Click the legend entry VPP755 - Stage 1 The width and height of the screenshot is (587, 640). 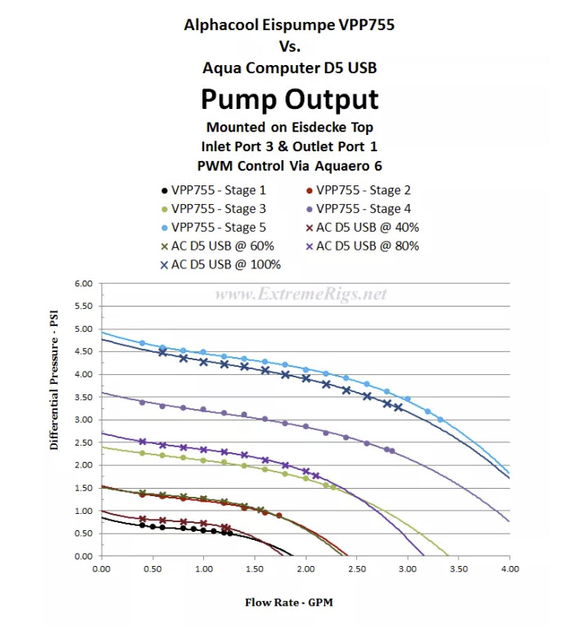214,190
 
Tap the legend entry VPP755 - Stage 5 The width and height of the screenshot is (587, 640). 214,228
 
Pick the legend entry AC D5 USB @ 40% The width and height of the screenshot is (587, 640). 362,228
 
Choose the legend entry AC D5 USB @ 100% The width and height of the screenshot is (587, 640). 220,264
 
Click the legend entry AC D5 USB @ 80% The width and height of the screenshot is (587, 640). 362,246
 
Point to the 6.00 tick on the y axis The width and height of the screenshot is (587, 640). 84,284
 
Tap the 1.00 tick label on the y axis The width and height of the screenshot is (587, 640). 84,512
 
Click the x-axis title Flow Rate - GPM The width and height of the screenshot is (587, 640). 289,603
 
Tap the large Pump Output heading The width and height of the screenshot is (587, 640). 289,98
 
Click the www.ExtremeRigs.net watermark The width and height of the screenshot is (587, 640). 301,294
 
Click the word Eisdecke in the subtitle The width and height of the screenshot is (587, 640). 312,127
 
